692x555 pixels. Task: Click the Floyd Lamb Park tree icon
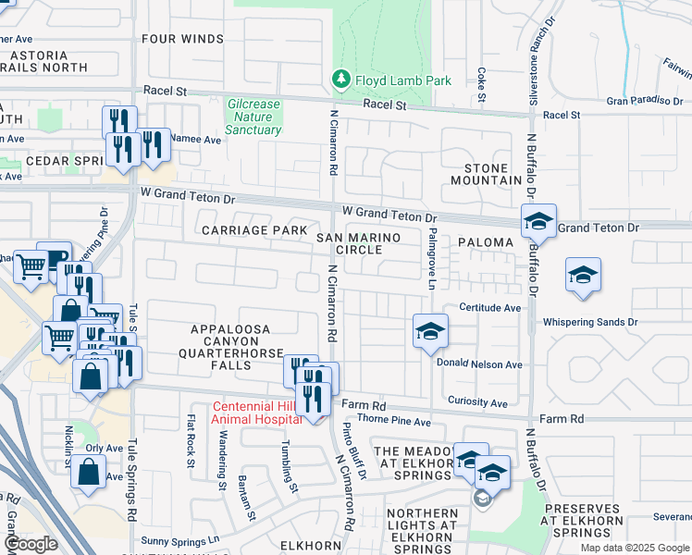pyautogui.click(x=341, y=80)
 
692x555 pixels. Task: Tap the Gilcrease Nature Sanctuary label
pyautogui.click(x=253, y=117)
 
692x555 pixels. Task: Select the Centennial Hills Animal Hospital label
pyautogui.click(x=257, y=413)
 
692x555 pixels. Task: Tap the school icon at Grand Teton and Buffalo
pyautogui.click(x=538, y=221)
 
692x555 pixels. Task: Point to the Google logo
pyautogui.click(x=31, y=544)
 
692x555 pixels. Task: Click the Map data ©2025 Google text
pyautogui.click(x=634, y=548)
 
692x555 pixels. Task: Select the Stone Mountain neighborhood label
pyautogui.click(x=486, y=172)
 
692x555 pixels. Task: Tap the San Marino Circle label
pyautogui.click(x=359, y=243)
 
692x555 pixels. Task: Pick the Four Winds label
pyautogui.click(x=182, y=39)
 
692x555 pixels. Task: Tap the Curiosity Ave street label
pyautogui.click(x=477, y=403)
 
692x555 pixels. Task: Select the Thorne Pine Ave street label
pyautogui.click(x=395, y=422)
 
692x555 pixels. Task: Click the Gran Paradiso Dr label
pyautogui.click(x=644, y=100)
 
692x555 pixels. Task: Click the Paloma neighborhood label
pyautogui.click(x=484, y=242)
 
